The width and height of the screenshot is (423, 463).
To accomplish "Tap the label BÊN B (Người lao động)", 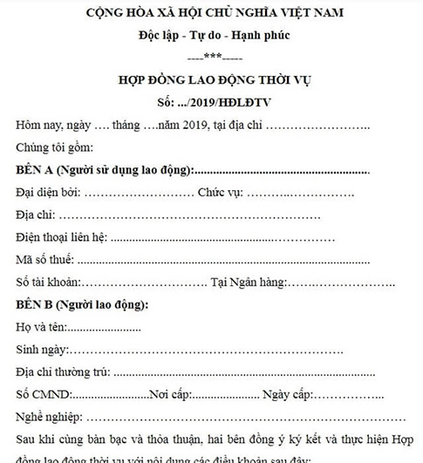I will (82, 305).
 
